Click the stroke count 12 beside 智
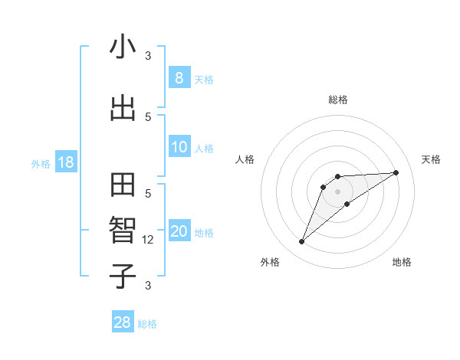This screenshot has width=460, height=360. [x=149, y=240]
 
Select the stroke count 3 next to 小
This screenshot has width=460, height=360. [x=148, y=55]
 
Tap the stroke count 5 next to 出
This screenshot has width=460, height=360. [x=148, y=116]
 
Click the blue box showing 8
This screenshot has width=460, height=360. [x=179, y=77]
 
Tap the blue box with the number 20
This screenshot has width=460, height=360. [x=179, y=231]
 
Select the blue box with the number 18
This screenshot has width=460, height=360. [x=65, y=162]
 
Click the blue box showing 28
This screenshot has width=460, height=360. [x=123, y=322]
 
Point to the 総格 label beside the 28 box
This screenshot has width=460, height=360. [x=147, y=324]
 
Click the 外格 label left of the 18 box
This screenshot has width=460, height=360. [x=41, y=164]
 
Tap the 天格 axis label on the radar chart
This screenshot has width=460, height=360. [x=431, y=159]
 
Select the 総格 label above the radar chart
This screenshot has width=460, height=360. [x=338, y=100]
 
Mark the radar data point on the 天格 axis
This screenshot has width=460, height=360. [x=396, y=172]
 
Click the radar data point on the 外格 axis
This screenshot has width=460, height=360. [x=301, y=242]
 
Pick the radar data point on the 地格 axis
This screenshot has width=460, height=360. [x=347, y=204]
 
